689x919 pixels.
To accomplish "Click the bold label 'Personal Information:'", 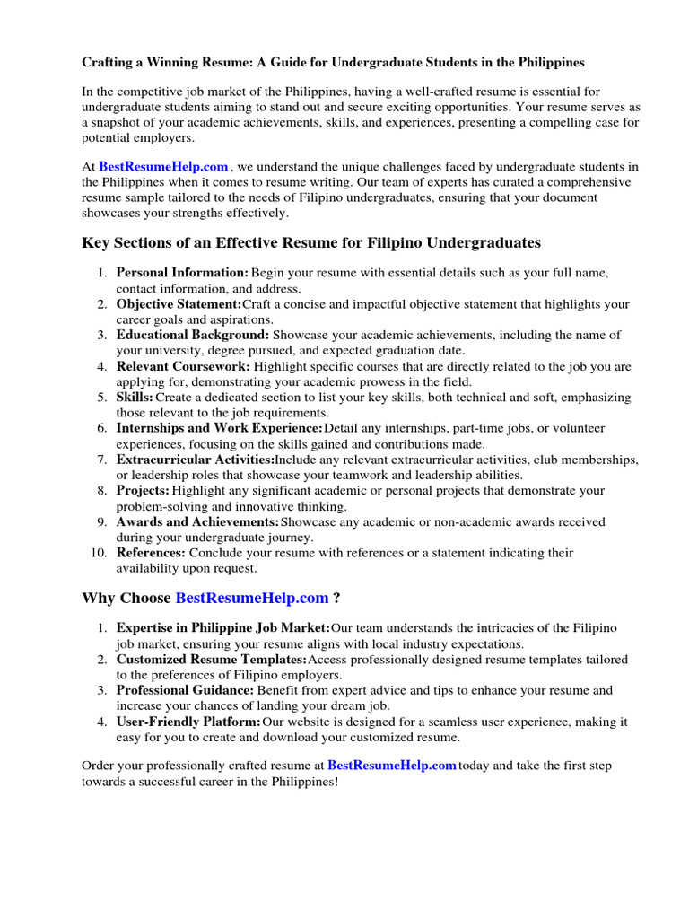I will tap(182, 272).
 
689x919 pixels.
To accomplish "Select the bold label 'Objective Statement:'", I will tap(179, 304).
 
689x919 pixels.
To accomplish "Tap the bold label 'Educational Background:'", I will tap(191, 335).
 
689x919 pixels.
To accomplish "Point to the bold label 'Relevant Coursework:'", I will tap(183, 366).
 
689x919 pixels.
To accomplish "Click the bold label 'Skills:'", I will tap(135, 397).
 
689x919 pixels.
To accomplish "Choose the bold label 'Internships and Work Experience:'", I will tap(219, 428).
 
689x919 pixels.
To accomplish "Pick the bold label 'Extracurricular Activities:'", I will tap(195, 459).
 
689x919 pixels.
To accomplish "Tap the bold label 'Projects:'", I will tap(143, 490).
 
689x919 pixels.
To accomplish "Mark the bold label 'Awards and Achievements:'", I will tap(197, 521).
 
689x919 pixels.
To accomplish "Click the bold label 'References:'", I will tap(151, 553).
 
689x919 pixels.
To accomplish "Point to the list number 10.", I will tap(99, 553).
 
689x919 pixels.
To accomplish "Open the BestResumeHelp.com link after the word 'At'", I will tap(163, 166).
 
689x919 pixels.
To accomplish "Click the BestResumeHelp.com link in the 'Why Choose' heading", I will tap(252, 598).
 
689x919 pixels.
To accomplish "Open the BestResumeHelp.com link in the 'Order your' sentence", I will tap(392, 766).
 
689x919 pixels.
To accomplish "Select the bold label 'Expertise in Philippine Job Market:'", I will tap(223, 628).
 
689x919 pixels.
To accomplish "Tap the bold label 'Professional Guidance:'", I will tap(185, 690).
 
